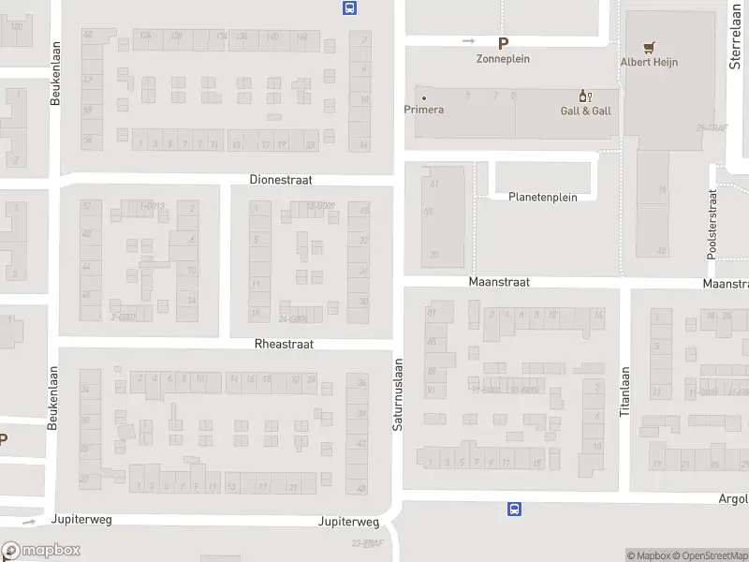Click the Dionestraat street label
click(x=281, y=179)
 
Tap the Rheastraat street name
click(x=284, y=344)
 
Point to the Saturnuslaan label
click(x=397, y=394)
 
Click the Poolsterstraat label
click(x=712, y=224)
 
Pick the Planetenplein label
click(x=543, y=197)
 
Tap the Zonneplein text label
click(x=504, y=58)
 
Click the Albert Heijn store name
click(x=649, y=63)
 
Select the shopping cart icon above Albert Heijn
click(x=649, y=46)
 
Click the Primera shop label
click(x=423, y=110)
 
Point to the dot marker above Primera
click(x=423, y=97)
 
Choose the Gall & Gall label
click(x=586, y=111)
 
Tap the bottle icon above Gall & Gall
click(x=586, y=96)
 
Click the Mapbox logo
click(x=39, y=551)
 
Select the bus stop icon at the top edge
click(x=349, y=8)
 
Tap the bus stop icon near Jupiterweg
click(x=514, y=510)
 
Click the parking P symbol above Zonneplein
click(x=504, y=42)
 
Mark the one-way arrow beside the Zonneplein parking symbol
click(x=469, y=41)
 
